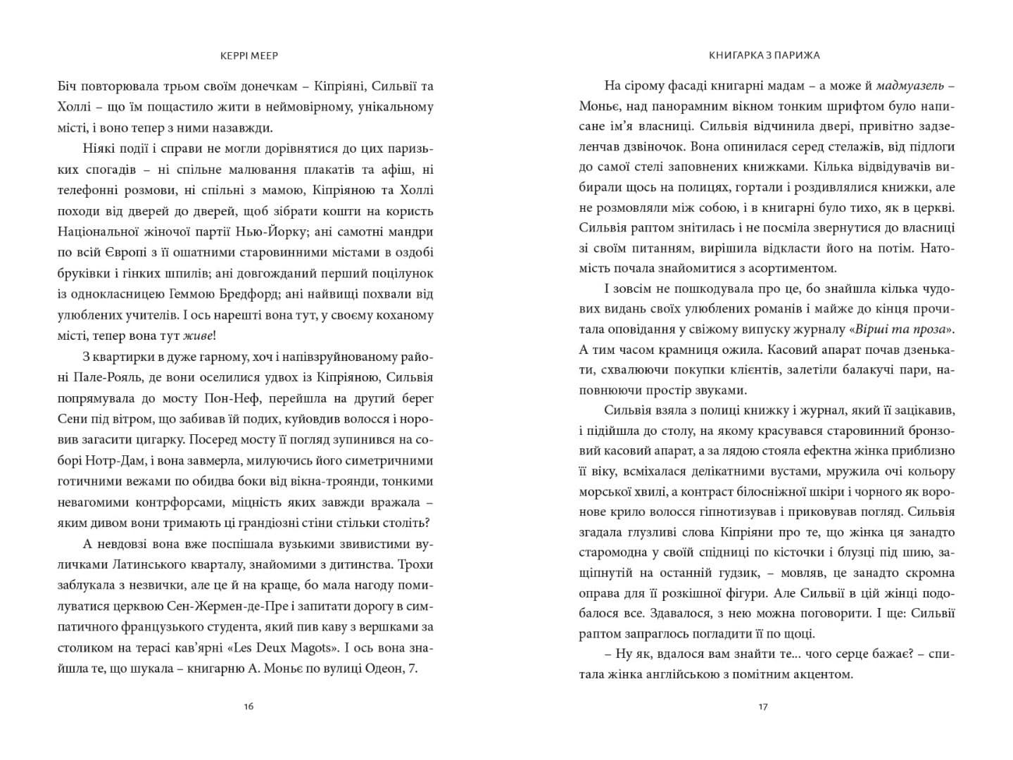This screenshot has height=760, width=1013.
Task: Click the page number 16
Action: [x=247, y=706]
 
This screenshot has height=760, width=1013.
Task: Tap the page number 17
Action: [x=764, y=706]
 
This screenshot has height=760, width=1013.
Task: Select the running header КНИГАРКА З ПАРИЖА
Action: [x=765, y=55]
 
